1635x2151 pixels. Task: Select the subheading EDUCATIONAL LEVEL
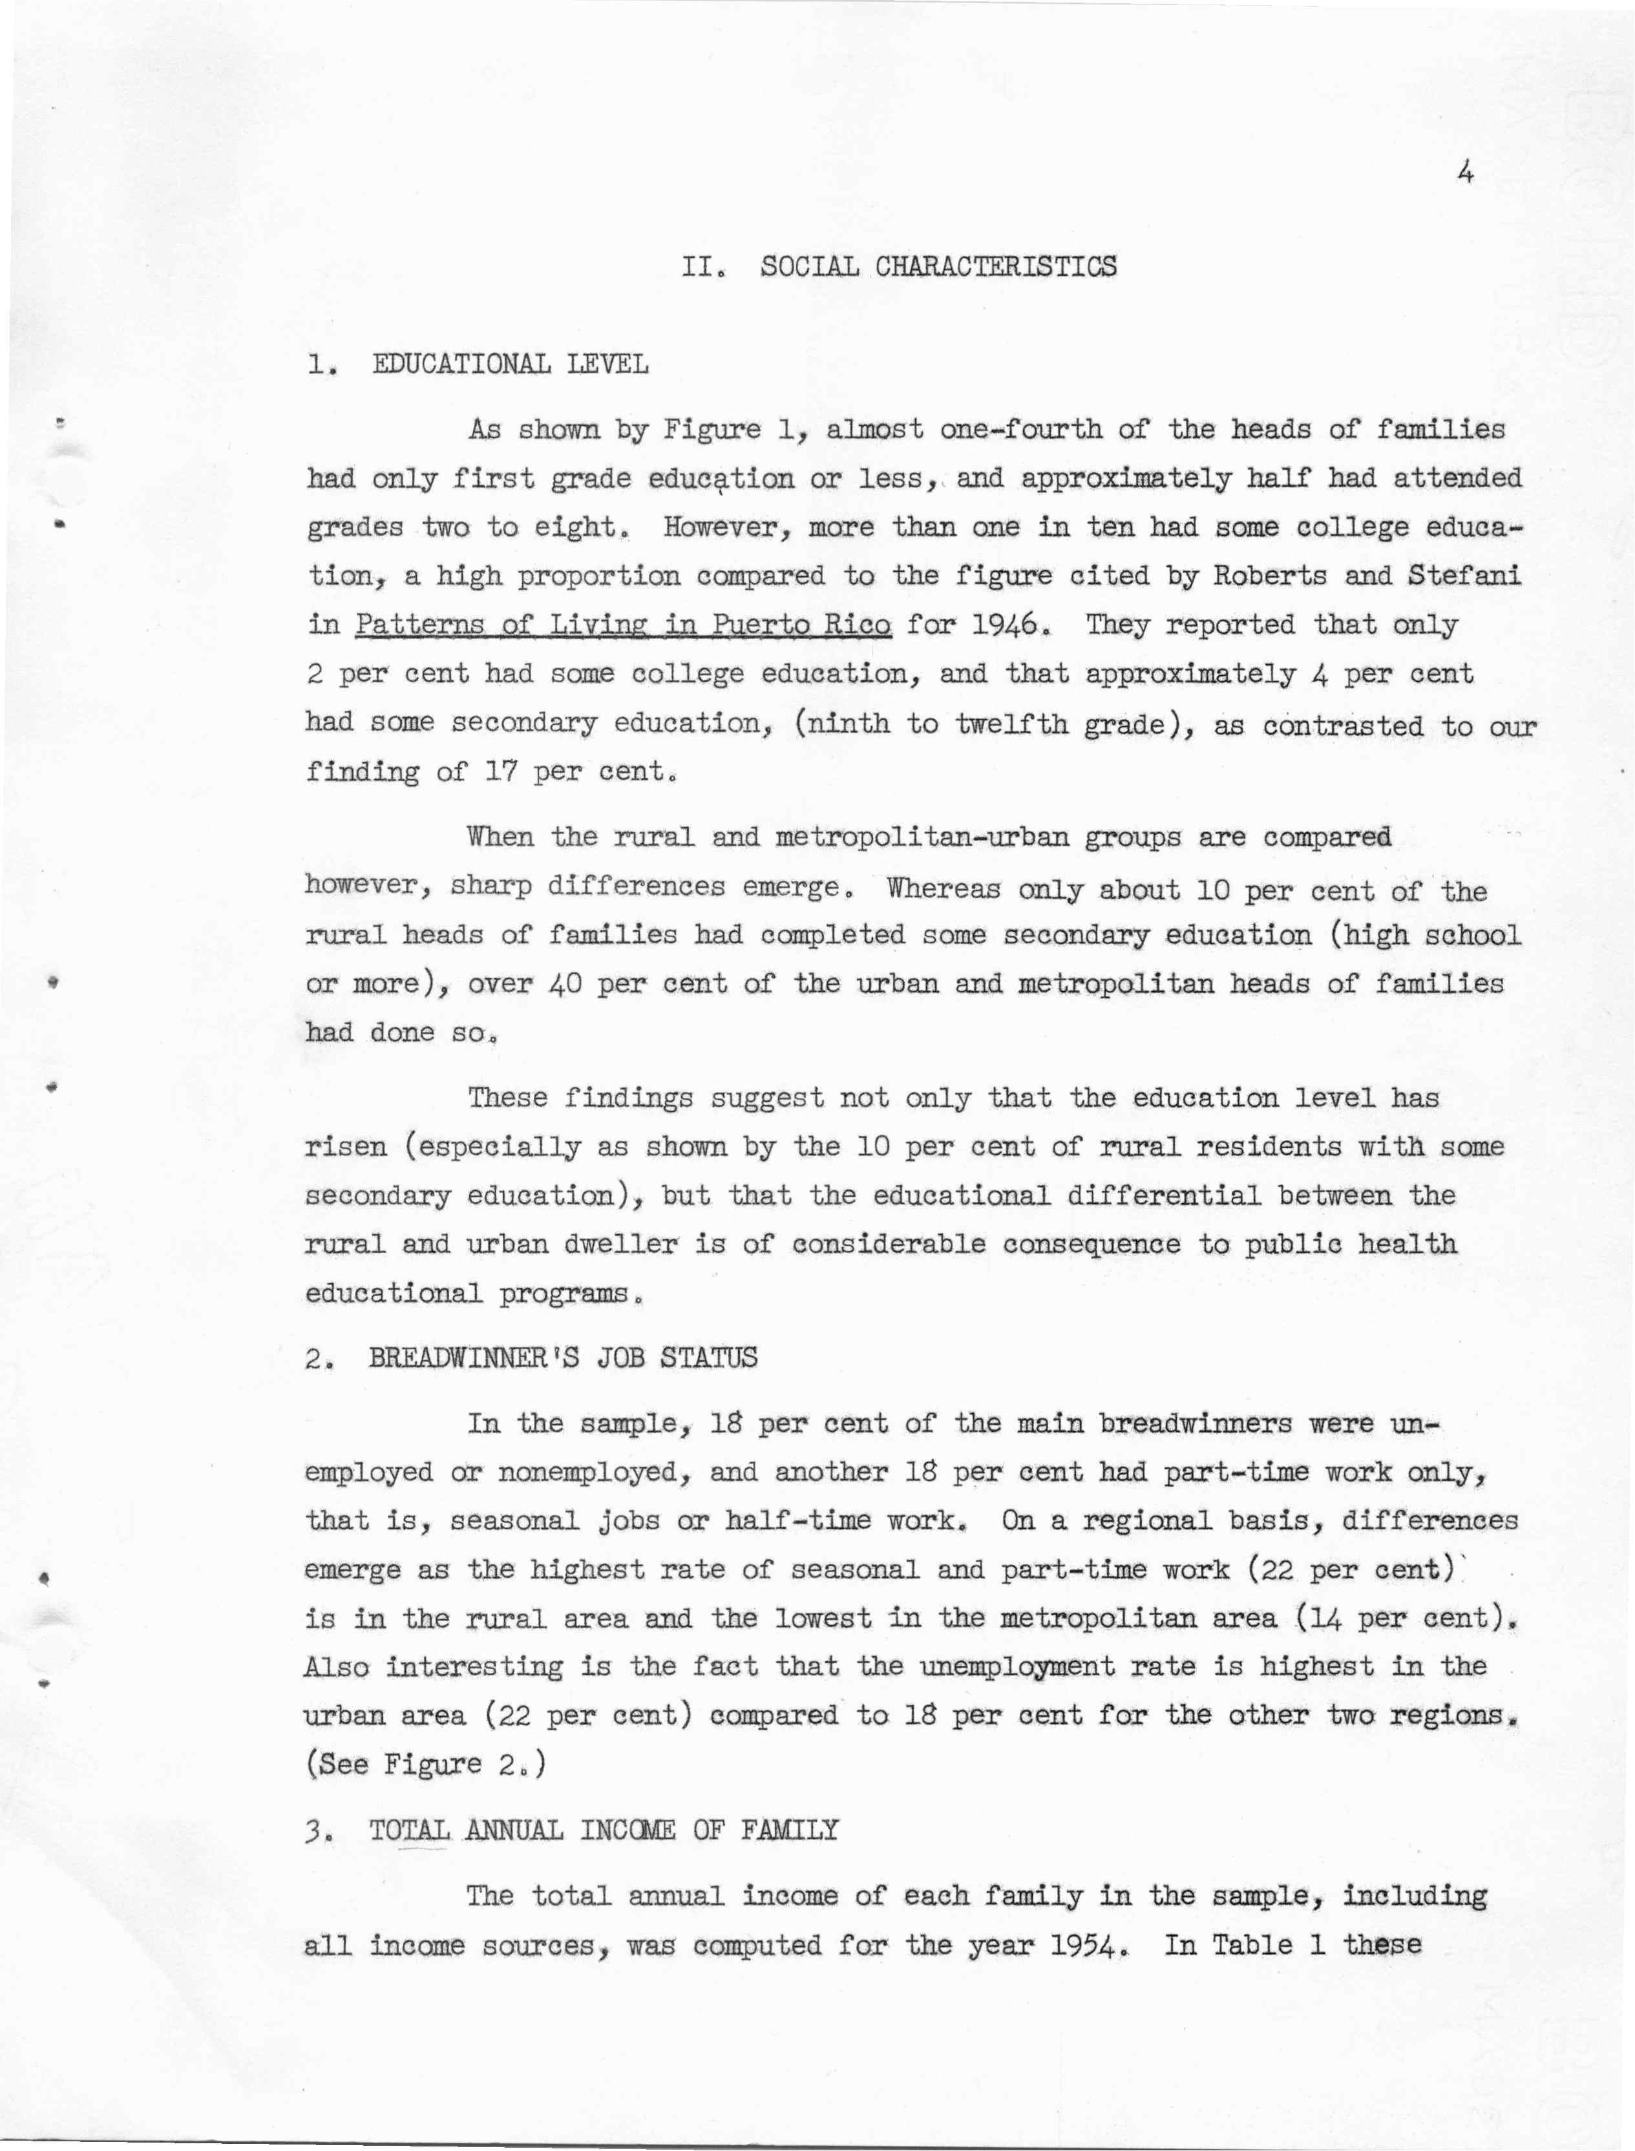click(x=509, y=365)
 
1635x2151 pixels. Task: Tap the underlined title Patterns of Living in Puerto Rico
click(x=623, y=625)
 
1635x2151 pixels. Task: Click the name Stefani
click(x=1464, y=576)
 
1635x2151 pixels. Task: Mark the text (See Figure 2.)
click(x=425, y=1764)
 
